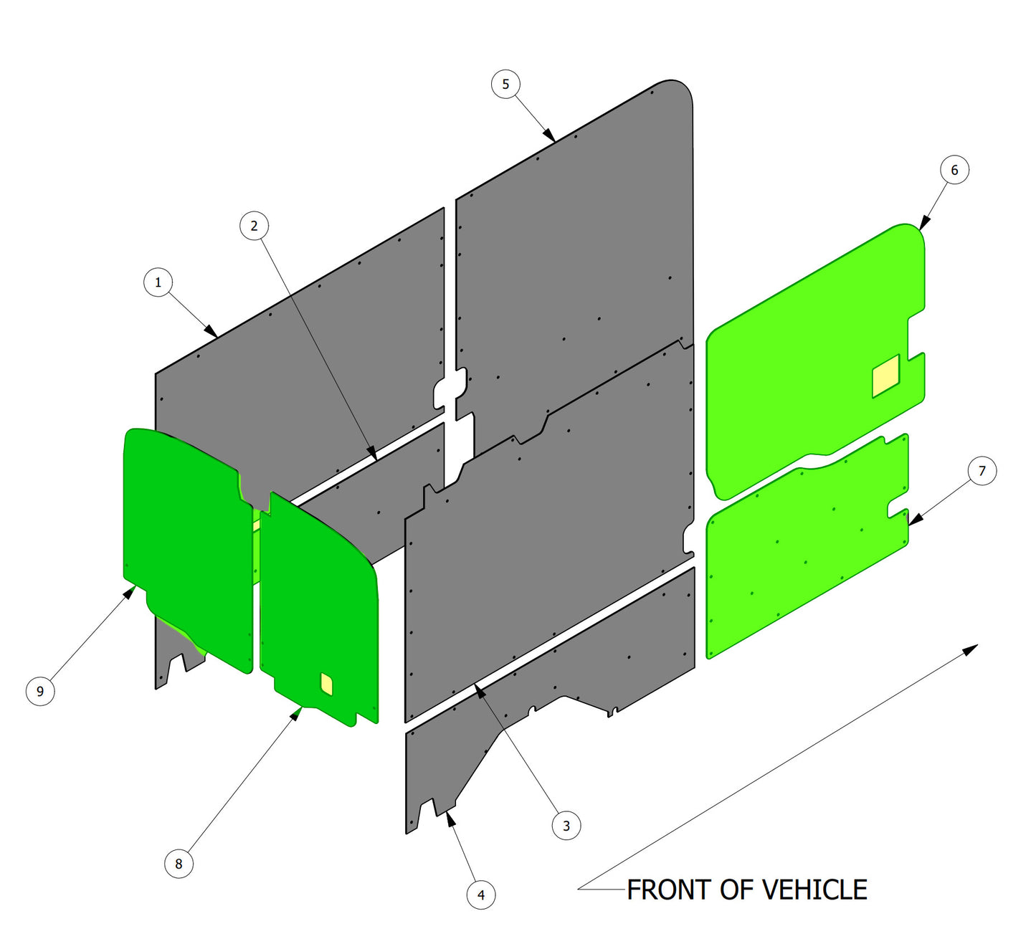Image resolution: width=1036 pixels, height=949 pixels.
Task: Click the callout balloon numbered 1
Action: pos(158,282)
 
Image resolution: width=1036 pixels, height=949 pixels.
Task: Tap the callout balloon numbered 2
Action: pos(254,226)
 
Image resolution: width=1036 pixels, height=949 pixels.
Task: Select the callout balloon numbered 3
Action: pos(566,826)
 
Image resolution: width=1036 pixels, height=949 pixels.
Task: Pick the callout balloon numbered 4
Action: pos(481,895)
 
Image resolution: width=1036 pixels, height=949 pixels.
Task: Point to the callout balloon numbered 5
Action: pos(505,84)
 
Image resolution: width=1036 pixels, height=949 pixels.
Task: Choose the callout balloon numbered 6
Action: pos(954,170)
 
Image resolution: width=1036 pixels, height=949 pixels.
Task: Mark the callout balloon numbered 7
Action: pos(982,471)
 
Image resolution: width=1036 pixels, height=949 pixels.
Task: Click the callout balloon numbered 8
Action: pos(179,864)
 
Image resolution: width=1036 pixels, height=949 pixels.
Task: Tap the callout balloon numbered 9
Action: pos(40,691)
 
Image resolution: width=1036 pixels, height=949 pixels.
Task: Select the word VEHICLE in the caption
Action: pos(814,890)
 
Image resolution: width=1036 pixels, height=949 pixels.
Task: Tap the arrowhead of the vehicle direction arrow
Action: pos(970,649)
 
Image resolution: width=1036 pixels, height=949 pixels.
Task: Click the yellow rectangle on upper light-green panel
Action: pos(885,376)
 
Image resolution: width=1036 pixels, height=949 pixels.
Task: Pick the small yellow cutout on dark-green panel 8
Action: pos(326,684)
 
